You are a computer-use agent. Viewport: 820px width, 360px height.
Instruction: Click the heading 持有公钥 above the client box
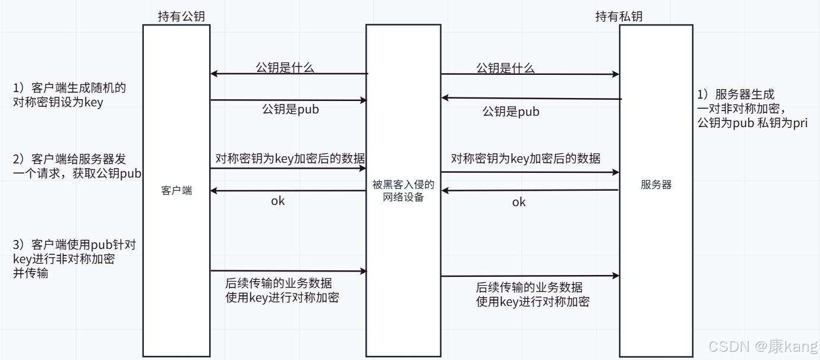181,17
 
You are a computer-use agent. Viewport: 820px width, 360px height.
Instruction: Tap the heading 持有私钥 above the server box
619,17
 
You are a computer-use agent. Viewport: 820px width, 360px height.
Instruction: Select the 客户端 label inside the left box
176,191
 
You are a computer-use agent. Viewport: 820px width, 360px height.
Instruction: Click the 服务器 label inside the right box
656,184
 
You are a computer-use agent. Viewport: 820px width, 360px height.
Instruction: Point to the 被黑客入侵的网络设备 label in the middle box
403,191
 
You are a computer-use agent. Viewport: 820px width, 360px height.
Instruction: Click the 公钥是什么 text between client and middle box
285,68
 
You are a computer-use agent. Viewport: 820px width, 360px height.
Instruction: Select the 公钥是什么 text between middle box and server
506,68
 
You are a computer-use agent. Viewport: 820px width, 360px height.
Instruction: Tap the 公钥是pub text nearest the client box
291,109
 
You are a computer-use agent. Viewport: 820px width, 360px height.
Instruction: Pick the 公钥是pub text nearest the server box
511,111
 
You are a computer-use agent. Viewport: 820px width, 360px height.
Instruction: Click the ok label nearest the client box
278,201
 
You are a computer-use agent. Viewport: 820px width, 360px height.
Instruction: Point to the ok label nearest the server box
519,202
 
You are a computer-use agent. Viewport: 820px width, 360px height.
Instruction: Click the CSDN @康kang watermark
763,346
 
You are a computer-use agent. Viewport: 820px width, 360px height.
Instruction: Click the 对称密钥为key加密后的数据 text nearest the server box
526,158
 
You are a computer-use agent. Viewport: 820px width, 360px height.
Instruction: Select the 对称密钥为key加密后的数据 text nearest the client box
290,158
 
